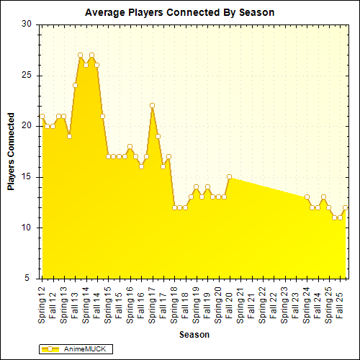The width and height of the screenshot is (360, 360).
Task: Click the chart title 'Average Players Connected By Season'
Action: point(179,12)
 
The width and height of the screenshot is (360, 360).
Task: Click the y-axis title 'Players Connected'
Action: point(12,150)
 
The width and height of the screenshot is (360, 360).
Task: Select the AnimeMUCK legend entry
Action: point(78,348)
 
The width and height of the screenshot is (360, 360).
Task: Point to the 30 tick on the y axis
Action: point(26,24)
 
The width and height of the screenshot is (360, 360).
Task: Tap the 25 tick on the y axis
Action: point(26,75)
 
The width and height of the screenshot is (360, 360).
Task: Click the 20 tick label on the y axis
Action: point(26,125)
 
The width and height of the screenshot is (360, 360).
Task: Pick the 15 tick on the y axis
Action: point(26,176)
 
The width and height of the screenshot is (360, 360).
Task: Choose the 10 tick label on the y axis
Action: point(26,228)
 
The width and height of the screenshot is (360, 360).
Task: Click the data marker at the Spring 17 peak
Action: point(152,105)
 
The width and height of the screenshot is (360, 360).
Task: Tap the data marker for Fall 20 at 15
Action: point(229,176)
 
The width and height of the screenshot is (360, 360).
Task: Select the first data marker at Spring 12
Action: point(42,115)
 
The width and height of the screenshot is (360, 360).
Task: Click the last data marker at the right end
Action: point(346,207)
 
